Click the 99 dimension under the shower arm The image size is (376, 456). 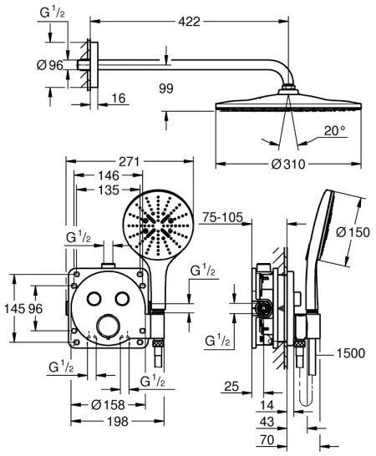click(x=165, y=86)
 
